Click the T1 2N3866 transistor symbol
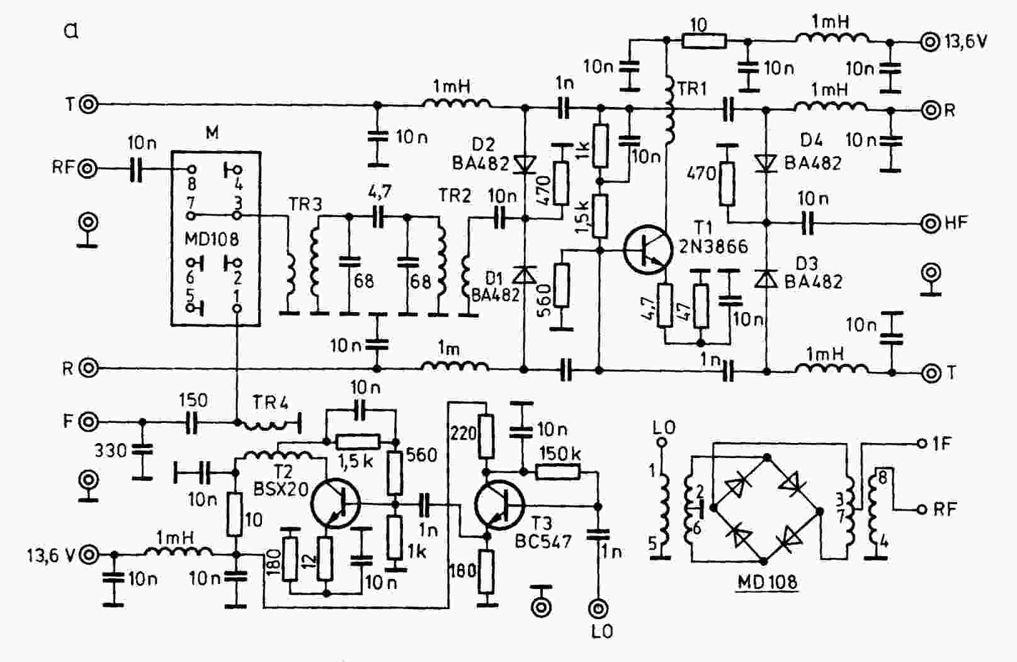(647, 250)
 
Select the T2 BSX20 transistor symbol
(336, 503)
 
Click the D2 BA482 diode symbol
(525, 164)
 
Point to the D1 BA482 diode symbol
(525, 274)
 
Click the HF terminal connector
(930, 223)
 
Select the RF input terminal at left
(88, 169)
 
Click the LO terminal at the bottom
(598, 608)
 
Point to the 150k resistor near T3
(558, 473)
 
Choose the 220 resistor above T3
(486, 436)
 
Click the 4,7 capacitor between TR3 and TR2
(378, 216)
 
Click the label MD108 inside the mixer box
(212, 238)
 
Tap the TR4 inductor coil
(266, 425)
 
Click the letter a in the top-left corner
(71, 31)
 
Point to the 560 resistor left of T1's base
(562, 285)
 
